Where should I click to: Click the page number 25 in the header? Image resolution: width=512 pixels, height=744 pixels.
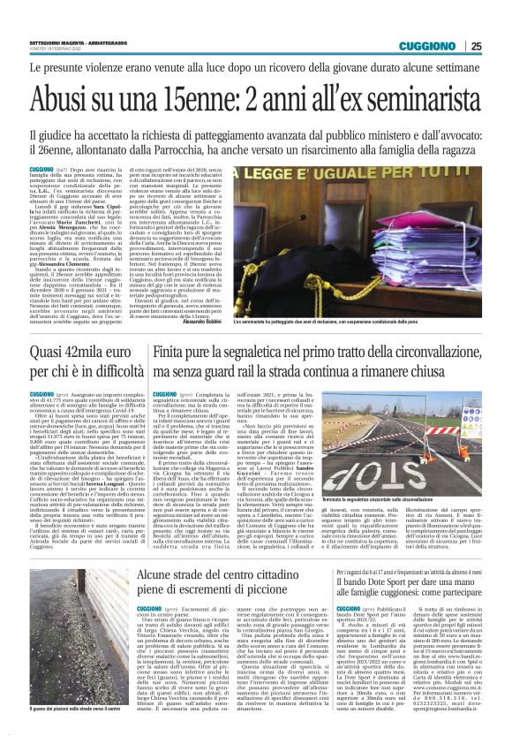click(x=500, y=46)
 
